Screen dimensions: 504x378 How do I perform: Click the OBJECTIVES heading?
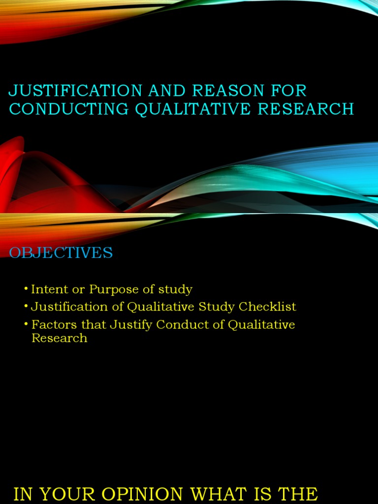61,253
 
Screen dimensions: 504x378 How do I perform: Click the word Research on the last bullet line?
59,338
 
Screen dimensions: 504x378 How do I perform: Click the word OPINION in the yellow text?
149,494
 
